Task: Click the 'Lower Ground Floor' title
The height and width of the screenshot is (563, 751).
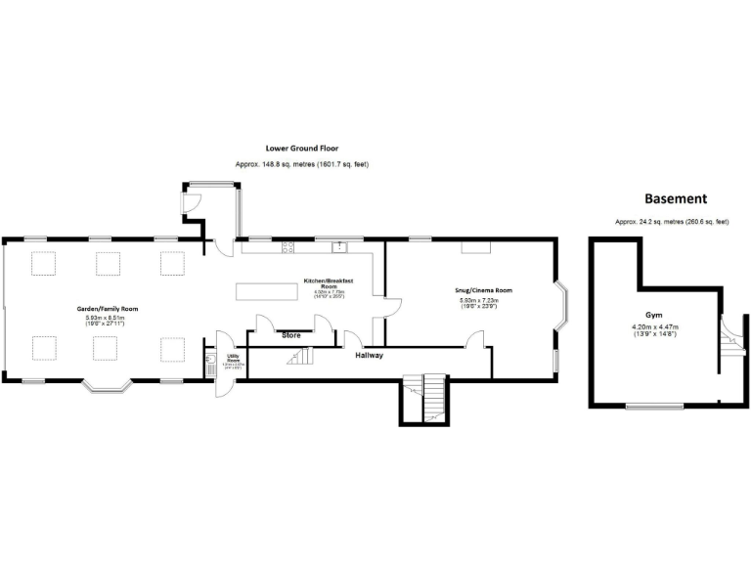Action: point(302,149)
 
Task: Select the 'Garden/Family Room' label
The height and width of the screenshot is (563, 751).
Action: point(108,309)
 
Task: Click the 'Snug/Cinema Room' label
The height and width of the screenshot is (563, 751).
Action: point(485,290)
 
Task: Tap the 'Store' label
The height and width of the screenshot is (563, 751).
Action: point(290,335)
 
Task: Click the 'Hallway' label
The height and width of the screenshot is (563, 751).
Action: point(369,355)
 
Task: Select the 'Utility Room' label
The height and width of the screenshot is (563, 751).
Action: point(233,359)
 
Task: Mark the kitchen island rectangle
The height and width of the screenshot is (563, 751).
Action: point(266,292)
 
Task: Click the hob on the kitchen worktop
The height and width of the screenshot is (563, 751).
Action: point(288,248)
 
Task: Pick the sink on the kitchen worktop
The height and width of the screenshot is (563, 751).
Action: point(339,247)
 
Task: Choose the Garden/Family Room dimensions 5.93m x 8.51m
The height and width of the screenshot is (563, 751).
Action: point(108,318)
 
